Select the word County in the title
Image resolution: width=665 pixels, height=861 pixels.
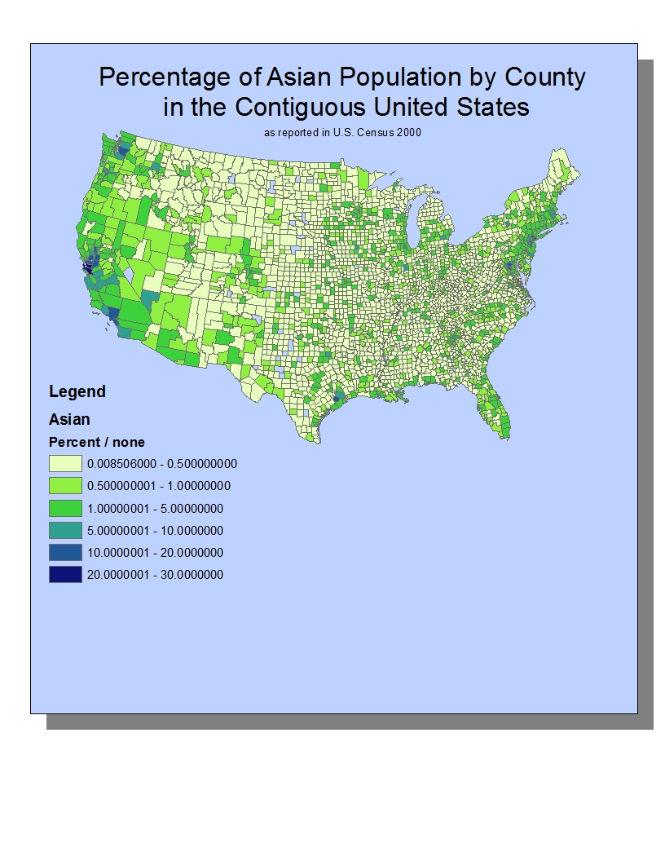544,78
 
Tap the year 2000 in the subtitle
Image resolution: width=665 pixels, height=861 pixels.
410,131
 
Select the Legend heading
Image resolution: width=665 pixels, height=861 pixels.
77,391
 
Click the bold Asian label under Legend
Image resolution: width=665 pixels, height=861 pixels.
69,419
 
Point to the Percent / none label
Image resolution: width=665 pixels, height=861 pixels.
97,442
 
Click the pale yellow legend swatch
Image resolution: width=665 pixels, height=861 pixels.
65,464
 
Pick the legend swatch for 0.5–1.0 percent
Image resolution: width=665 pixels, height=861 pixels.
65,486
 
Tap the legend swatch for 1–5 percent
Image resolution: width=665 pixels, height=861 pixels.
65,508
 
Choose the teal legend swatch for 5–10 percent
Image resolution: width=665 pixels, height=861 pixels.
65,530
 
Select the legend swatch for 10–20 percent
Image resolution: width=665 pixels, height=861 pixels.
65,552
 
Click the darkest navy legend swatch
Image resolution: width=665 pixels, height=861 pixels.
65,574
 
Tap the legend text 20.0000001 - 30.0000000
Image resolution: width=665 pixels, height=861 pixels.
155,575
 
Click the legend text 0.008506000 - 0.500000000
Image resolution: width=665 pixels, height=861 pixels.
161,464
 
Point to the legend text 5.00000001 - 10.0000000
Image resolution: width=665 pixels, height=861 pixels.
155,531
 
